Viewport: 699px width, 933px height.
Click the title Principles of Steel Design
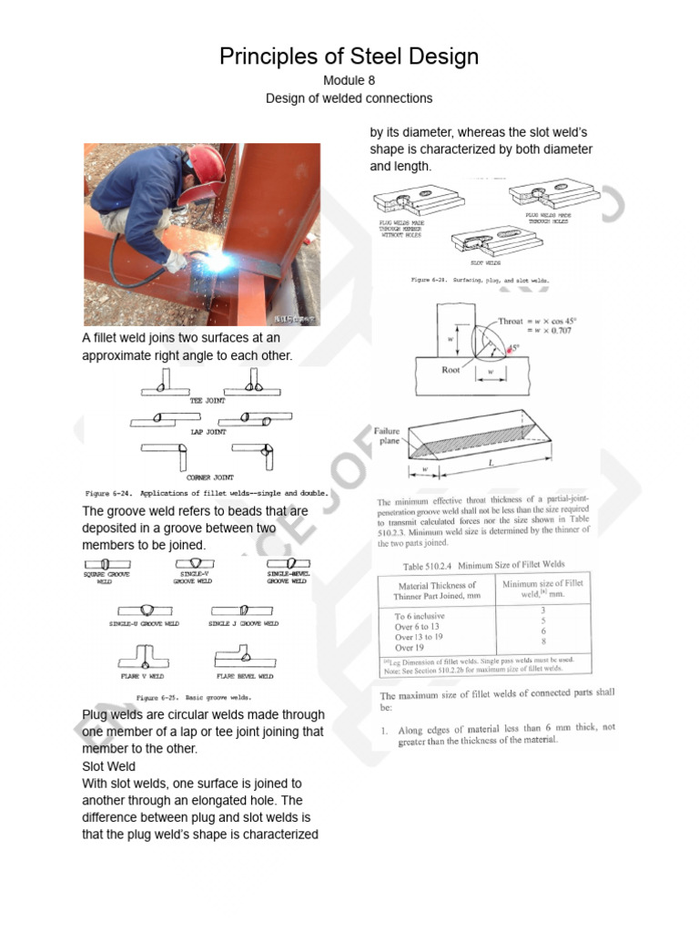pyautogui.click(x=349, y=56)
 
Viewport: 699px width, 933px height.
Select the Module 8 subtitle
pyautogui.click(x=349, y=80)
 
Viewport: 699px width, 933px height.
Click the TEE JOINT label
pyautogui.click(x=208, y=400)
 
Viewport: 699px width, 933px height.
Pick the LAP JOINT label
pyautogui.click(x=208, y=432)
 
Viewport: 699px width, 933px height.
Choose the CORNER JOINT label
pyautogui.click(x=209, y=477)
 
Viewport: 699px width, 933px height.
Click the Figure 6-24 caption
pyautogui.click(x=207, y=492)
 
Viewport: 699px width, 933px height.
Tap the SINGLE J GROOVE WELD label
pyautogui.click(x=244, y=624)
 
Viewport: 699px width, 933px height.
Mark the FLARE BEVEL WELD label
pyautogui.click(x=244, y=677)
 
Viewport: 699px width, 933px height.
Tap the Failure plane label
pyautogui.click(x=388, y=435)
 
